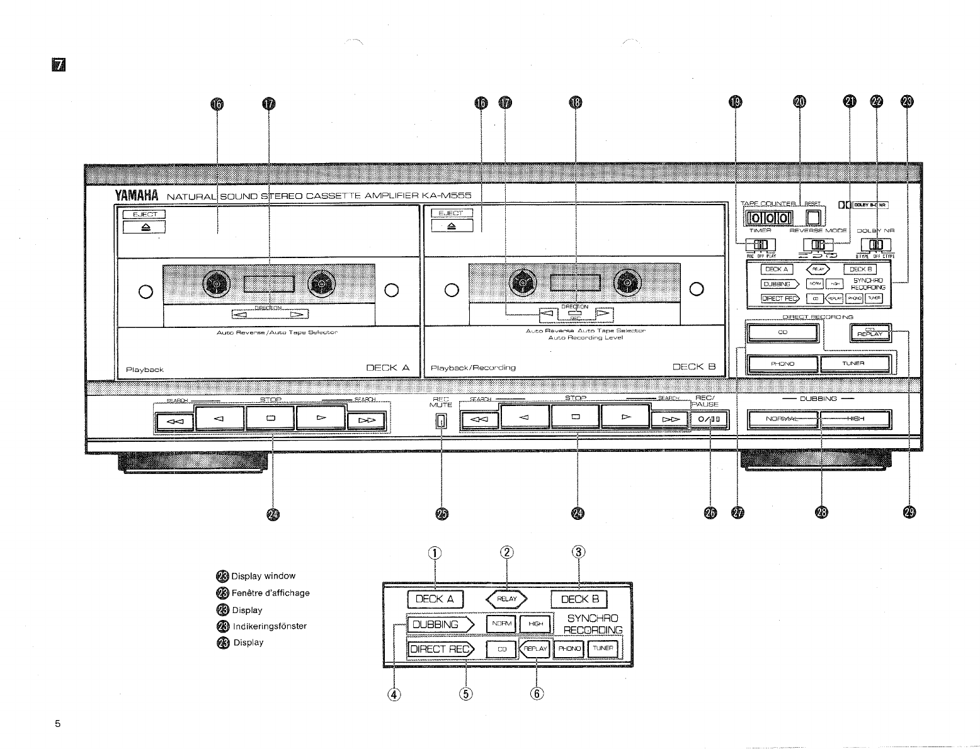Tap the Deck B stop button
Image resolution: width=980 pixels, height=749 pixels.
click(575, 417)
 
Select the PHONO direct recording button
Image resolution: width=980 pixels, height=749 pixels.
click(782, 364)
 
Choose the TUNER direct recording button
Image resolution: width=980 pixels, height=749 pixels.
click(854, 364)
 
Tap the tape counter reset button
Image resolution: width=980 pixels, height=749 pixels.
click(814, 218)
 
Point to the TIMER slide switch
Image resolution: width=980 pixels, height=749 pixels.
click(761, 245)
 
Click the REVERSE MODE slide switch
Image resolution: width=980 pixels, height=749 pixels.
click(817, 245)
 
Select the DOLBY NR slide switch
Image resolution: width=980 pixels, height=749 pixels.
click(875, 245)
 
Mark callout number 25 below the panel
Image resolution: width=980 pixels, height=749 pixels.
click(442, 514)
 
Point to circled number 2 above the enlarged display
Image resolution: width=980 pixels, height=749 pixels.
click(507, 553)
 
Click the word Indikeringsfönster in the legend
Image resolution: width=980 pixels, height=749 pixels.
click(270, 626)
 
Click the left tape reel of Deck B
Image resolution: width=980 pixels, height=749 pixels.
click(522, 284)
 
